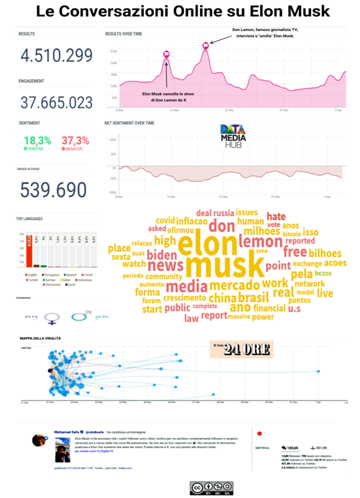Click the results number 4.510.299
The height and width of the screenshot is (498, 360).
coord(56,56)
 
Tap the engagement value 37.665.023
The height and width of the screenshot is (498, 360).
coord(56,103)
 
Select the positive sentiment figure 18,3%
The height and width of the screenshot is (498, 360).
coord(38,140)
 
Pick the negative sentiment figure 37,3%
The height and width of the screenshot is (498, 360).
coord(76,140)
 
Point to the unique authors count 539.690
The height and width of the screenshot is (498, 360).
coord(54,189)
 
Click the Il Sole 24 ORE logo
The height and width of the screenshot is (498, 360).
coord(242,349)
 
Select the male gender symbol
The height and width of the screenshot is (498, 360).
coord(81,317)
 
